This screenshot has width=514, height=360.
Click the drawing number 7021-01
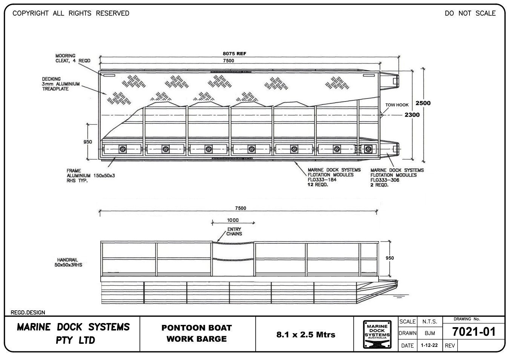tap(473, 332)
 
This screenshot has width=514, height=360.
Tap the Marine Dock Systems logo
tap(377, 334)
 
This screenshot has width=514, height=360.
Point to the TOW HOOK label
tap(397, 105)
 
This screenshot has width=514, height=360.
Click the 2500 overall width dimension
tap(423, 103)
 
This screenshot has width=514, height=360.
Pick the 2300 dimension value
tap(412, 115)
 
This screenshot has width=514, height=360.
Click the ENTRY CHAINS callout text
tap(234, 231)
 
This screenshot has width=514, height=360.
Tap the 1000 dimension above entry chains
tap(233, 220)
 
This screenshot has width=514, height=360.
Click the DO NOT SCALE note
tap(470, 13)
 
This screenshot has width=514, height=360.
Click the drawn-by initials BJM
tap(430, 333)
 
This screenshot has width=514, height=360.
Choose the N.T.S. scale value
tap(429, 322)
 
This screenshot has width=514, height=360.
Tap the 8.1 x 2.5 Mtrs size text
tap(305, 334)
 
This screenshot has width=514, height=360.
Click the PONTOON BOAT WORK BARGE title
tap(196, 333)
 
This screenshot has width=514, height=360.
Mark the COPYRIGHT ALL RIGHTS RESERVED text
tap(71, 13)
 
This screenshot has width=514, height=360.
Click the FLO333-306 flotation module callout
tap(397, 177)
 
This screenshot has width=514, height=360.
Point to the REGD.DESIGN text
tap(28, 312)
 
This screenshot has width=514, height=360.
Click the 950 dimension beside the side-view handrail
tap(390, 258)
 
